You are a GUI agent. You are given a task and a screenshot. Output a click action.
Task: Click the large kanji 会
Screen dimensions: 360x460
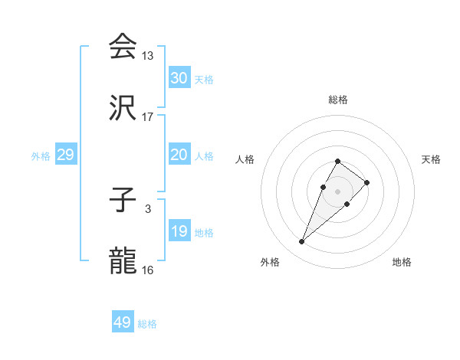pos(123,47)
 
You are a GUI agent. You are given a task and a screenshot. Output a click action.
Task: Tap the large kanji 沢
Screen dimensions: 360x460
pos(123,109)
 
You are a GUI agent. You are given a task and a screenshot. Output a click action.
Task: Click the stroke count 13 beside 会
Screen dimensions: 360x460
pos(148,56)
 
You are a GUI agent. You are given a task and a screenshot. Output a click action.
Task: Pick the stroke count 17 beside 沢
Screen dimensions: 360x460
pos(148,117)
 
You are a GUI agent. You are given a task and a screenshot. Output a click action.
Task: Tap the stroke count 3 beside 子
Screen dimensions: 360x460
pos(148,208)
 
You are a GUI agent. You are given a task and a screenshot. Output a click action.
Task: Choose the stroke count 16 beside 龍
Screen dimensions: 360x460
pos(148,270)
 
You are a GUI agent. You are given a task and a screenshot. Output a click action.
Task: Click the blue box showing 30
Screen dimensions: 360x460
pos(179,78)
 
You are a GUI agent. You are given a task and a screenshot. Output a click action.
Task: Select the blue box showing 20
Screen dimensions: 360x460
pos(179,155)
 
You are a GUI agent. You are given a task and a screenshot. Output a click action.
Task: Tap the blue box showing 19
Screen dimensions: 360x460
pos(179,231)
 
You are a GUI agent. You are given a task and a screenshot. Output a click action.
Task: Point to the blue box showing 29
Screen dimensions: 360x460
pos(65,155)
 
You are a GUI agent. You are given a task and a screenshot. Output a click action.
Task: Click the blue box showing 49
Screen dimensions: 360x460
pos(122,322)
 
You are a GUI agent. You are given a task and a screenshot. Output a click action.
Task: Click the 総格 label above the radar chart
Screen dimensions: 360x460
pos(337,100)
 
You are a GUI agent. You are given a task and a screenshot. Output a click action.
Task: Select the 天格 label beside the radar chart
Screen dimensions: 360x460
pos(431,159)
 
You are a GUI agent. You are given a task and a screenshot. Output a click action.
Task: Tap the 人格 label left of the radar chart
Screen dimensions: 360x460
pos(245,159)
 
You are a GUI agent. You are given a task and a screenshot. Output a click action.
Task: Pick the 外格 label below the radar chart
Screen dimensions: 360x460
pos(270,262)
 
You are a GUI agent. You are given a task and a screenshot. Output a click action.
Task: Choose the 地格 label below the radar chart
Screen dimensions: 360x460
pos(402,262)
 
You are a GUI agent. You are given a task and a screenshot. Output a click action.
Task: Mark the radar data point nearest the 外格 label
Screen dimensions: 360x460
pos(301,242)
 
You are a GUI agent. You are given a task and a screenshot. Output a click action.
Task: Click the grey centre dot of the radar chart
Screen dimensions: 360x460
pos(337,191)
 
